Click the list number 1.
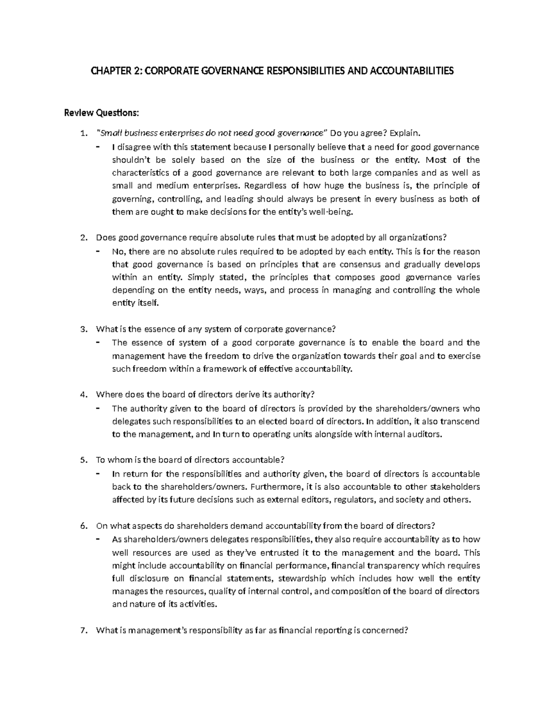click(x=82, y=133)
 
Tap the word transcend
click(x=460, y=421)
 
